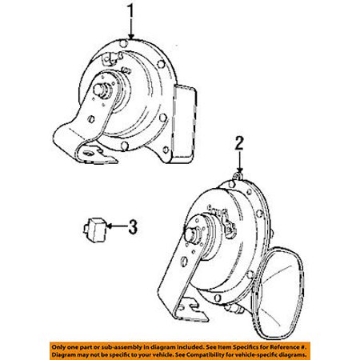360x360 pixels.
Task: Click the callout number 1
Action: point(130,12)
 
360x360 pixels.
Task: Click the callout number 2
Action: point(239,142)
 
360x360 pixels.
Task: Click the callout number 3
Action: point(133,226)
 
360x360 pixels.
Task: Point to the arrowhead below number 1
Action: point(131,37)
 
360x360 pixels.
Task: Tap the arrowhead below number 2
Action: point(240,170)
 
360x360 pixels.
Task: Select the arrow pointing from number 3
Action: point(117,226)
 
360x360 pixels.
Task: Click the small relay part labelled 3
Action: point(94,230)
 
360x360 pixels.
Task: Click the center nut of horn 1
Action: point(101,89)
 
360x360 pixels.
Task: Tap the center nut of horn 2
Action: point(191,234)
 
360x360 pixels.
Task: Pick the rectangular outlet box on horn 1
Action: point(185,124)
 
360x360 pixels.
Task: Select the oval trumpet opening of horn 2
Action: point(279,294)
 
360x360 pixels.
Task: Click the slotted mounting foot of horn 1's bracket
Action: point(96,154)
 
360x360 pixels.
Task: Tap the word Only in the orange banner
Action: point(58,347)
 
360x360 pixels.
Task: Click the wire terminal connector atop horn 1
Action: point(113,58)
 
